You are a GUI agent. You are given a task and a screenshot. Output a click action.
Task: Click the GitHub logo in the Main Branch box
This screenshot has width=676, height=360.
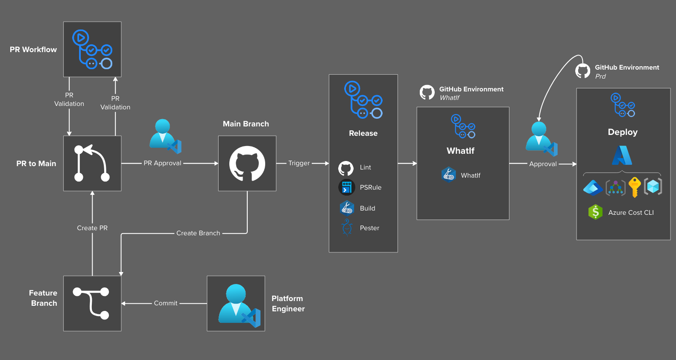[247, 164]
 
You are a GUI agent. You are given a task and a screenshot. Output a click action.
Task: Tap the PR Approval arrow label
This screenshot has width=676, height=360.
[162, 163]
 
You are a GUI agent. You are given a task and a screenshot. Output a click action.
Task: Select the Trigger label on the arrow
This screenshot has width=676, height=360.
[299, 163]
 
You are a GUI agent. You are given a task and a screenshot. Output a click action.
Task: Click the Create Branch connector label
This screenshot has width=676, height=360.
[198, 233]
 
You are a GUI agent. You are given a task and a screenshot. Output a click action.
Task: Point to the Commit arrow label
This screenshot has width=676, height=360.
[166, 303]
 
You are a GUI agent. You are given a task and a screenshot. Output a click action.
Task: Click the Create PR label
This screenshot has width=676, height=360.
[92, 228]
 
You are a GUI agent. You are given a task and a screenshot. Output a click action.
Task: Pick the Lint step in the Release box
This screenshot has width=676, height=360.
[365, 167]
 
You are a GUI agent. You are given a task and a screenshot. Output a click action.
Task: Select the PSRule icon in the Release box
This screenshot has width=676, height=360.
[347, 187]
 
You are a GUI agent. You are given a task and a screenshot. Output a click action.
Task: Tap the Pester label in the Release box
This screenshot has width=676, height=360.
[369, 228]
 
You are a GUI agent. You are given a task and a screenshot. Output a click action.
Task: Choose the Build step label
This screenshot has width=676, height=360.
[367, 208]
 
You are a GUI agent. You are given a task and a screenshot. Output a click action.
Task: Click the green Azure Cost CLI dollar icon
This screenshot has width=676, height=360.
[595, 212]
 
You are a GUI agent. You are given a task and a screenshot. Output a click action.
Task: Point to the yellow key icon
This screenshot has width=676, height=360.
[635, 187]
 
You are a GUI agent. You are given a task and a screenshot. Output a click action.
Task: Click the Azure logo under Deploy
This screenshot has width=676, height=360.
[622, 155]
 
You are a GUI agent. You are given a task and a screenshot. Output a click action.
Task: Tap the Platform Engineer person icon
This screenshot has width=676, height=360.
[236, 304]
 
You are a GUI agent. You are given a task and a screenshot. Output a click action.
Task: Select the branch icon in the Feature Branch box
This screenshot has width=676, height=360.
[91, 303]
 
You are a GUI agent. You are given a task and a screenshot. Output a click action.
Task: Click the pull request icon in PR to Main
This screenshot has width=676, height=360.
[92, 164]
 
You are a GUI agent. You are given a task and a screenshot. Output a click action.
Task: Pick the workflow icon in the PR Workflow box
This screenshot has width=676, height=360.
[92, 50]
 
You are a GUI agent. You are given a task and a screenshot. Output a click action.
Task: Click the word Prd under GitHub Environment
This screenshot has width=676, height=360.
[600, 76]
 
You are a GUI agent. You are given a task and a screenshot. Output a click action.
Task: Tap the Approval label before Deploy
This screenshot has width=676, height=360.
[543, 164]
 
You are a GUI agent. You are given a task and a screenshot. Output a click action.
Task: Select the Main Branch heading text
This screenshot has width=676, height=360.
[246, 124]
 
